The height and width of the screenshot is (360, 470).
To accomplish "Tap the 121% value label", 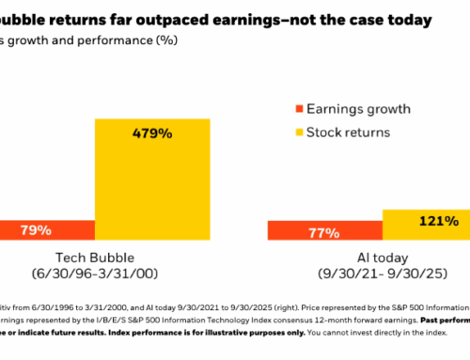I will tap(438, 222).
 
